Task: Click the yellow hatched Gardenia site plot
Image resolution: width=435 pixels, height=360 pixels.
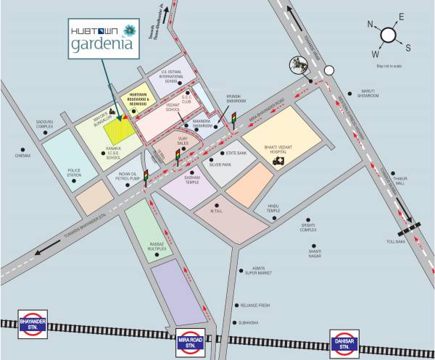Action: tap(118, 130)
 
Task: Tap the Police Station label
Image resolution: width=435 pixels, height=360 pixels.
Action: tap(74, 173)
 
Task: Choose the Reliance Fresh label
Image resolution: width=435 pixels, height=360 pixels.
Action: tap(256, 306)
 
